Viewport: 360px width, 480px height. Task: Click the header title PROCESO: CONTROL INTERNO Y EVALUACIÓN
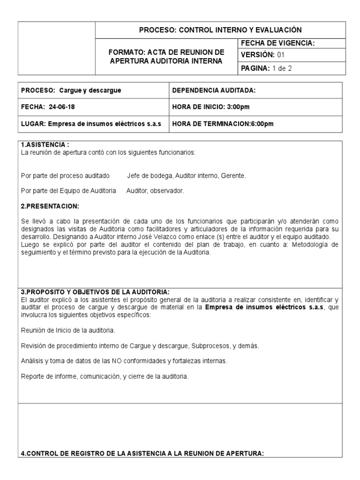(x=220, y=30)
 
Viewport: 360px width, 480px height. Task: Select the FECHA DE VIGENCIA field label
(x=277, y=43)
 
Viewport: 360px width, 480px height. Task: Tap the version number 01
(x=280, y=55)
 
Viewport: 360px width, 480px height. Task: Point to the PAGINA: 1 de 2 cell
(x=269, y=68)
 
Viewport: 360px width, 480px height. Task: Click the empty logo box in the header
(x=56, y=48)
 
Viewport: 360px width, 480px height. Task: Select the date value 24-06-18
(x=61, y=107)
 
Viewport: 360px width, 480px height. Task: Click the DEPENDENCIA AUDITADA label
(x=214, y=90)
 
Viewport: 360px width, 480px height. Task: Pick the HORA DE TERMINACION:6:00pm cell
(x=223, y=124)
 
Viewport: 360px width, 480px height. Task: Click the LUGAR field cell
(x=91, y=124)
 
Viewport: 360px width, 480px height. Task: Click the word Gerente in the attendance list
(x=234, y=176)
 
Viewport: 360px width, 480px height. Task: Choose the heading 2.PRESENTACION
(x=50, y=207)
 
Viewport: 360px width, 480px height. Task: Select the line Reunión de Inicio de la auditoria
(x=68, y=330)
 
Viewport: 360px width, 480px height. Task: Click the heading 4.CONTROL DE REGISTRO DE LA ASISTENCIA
(x=142, y=453)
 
